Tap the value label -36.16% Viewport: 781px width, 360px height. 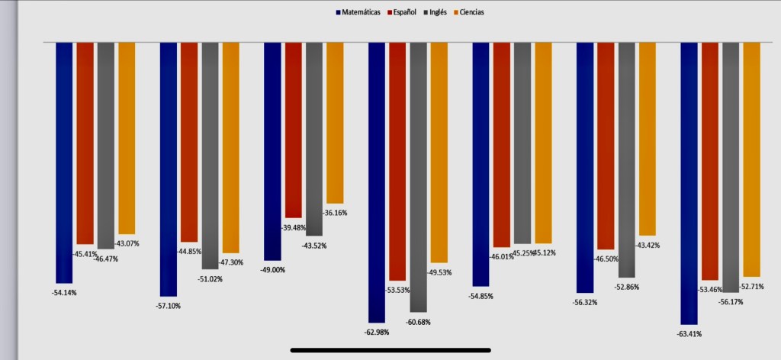click(335, 213)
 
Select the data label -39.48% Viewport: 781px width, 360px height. click(293, 227)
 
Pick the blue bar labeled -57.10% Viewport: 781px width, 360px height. click(168, 168)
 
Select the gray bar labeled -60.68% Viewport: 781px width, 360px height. click(419, 176)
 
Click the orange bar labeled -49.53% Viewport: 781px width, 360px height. click(439, 152)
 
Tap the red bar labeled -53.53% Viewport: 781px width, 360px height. click(397, 161)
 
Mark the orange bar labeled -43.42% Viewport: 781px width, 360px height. click(648, 138)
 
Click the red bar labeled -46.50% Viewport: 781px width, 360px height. click(606, 145)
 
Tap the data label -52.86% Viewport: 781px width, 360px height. click(626, 287)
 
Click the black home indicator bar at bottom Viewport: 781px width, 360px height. click(390, 351)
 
